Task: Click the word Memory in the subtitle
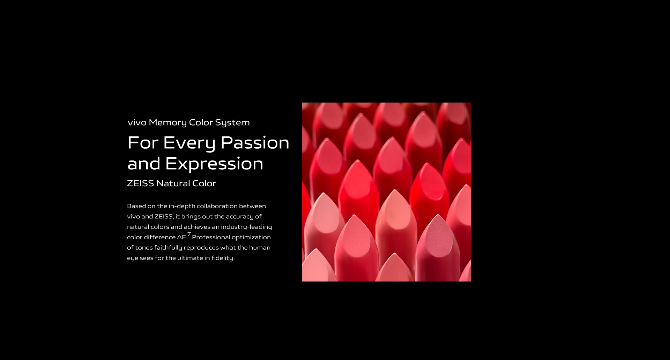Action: [167, 123]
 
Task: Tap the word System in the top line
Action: [232, 123]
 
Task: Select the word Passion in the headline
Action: [255, 143]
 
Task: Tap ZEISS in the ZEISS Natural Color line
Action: [140, 183]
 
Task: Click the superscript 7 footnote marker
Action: [189, 234]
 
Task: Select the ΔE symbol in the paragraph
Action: [181, 237]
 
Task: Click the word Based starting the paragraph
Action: [136, 206]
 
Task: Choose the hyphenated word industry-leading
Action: [246, 227]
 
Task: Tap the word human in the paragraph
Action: [260, 248]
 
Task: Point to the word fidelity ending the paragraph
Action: [223, 258]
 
